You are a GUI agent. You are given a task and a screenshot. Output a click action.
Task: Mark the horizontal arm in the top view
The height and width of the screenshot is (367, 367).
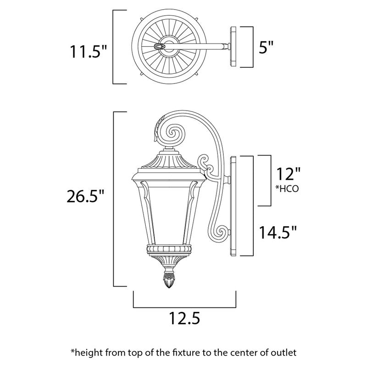[x=202, y=46]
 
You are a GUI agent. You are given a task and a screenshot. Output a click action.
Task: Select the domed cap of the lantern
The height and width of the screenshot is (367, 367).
[x=168, y=162]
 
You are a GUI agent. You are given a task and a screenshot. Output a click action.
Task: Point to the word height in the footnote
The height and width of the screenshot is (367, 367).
[x=87, y=352]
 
